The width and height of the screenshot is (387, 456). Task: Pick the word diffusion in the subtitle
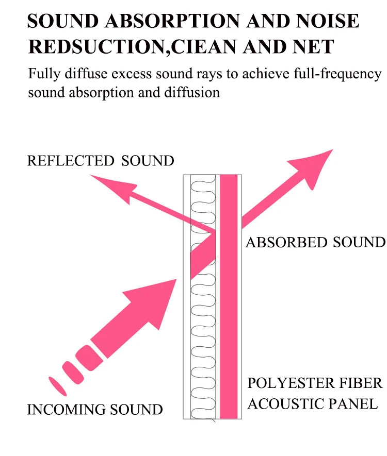pos(191,93)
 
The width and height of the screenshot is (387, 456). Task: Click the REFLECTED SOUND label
pos(101,161)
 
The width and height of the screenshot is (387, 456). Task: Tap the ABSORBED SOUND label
pos(315,242)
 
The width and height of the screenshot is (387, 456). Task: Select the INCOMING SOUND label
pos(95,410)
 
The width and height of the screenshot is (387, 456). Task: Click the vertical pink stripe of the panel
pos(229,309)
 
